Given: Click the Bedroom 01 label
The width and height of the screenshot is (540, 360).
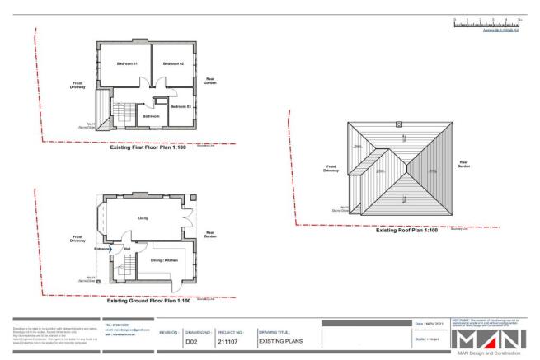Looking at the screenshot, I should (x=125, y=63).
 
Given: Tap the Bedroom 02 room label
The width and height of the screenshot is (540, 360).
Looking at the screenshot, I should (x=172, y=63).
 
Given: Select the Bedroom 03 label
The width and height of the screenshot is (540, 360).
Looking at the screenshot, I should (x=181, y=107).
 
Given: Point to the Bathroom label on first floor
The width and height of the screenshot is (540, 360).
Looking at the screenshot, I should (x=151, y=117).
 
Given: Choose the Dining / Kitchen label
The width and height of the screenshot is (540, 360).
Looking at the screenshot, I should (x=158, y=260).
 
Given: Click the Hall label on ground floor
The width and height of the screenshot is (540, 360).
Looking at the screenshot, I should (x=127, y=248).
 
